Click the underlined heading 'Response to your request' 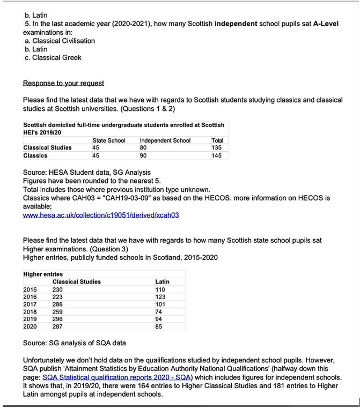(x=63, y=84)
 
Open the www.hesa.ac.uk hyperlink (x=101, y=215)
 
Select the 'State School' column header (x=109, y=140)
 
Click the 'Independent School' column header (x=165, y=140)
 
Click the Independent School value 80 (x=143, y=148)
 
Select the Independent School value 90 (x=143, y=155)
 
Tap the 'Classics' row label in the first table (x=35, y=155)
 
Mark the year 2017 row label (x=30, y=304)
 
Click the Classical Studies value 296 (x=57, y=319)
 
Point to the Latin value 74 (x=158, y=311)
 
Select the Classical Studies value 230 (x=57, y=289)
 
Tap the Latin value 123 (x=160, y=297)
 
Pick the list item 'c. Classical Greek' (x=53, y=57)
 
